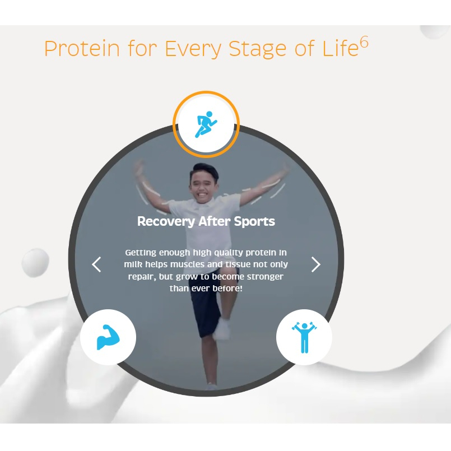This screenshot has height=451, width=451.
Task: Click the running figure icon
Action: [x=206, y=124]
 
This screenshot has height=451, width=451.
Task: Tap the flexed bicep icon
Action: [x=108, y=337]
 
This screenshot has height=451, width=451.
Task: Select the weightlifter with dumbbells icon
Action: [x=304, y=337]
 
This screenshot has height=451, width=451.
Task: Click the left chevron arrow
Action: [x=96, y=264]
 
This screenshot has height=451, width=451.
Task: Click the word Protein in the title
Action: [x=82, y=48]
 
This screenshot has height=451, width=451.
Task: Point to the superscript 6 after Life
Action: [x=364, y=43]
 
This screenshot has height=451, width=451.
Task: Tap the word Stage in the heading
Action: [x=257, y=49]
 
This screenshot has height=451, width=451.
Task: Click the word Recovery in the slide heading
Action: [x=166, y=221]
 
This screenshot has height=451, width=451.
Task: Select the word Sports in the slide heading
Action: [x=254, y=221]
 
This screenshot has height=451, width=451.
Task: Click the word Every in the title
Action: [x=193, y=49]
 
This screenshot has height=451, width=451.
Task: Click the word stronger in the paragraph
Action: [x=265, y=276]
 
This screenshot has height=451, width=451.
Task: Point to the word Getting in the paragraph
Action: [x=141, y=253]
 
